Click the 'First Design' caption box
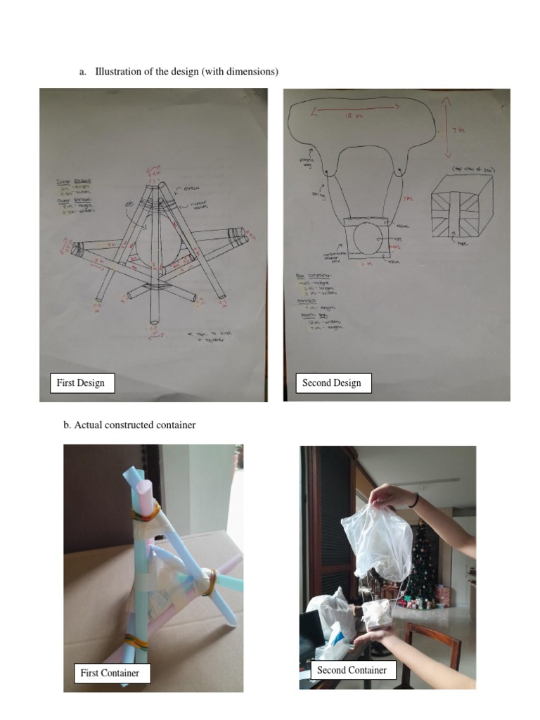point(81,382)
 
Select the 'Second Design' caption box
point(331,382)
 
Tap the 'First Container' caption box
point(110,673)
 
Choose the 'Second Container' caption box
point(352,670)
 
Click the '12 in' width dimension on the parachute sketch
point(356,112)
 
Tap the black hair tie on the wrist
point(416,499)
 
